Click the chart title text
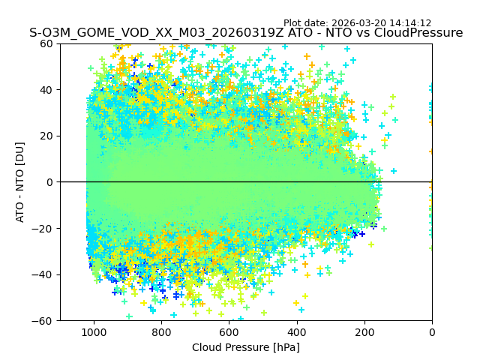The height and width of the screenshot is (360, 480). [246, 33]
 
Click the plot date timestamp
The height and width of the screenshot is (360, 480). [357, 23]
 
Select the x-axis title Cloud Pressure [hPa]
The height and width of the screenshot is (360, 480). [246, 347]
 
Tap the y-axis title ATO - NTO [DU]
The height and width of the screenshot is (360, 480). [20, 182]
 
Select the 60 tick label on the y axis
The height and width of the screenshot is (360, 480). [46, 43]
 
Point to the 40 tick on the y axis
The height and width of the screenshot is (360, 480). [46, 90]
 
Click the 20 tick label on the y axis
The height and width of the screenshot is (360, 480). [46, 136]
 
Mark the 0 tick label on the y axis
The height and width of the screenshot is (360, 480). [49, 182]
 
